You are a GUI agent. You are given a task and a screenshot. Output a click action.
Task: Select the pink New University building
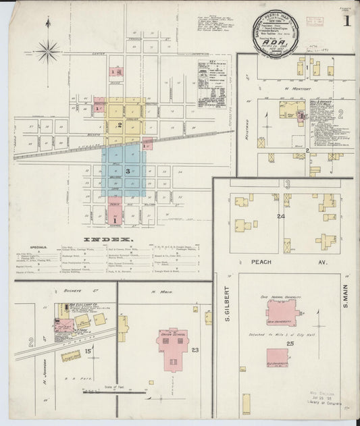tap(281, 312)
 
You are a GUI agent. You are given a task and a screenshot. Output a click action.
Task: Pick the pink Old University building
tap(280, 358)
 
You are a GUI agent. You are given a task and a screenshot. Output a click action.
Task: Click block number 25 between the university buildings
tap(290, 344)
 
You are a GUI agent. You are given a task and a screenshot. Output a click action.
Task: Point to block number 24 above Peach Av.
tap(280, 217)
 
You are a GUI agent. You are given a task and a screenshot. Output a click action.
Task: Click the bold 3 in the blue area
tap(127, 171)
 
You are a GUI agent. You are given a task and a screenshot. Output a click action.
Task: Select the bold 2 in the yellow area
tap(120, 125)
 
